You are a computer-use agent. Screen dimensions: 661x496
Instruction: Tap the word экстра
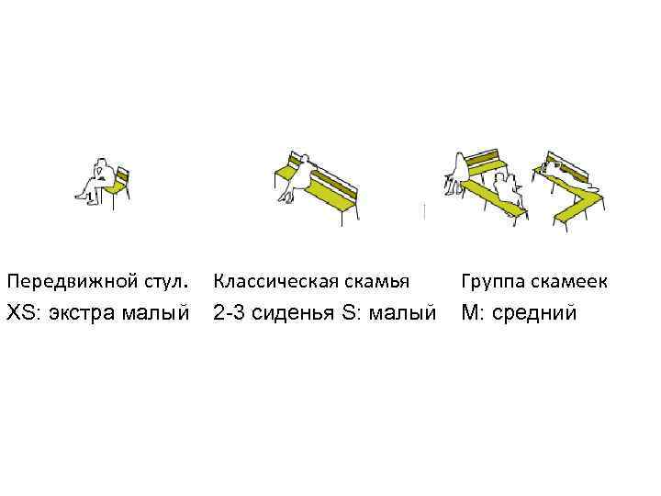84,314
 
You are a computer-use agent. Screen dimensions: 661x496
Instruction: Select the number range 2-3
232,314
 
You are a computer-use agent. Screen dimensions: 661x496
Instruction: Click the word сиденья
296,314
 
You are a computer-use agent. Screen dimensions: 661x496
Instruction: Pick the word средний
534,314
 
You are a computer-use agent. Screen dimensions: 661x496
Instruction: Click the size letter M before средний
471,314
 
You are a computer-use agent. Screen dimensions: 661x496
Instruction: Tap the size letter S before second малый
348,314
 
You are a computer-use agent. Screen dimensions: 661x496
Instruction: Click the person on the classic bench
297,176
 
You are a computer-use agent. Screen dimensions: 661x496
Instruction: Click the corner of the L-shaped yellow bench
588,196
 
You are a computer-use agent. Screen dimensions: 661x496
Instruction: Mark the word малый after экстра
162,314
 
